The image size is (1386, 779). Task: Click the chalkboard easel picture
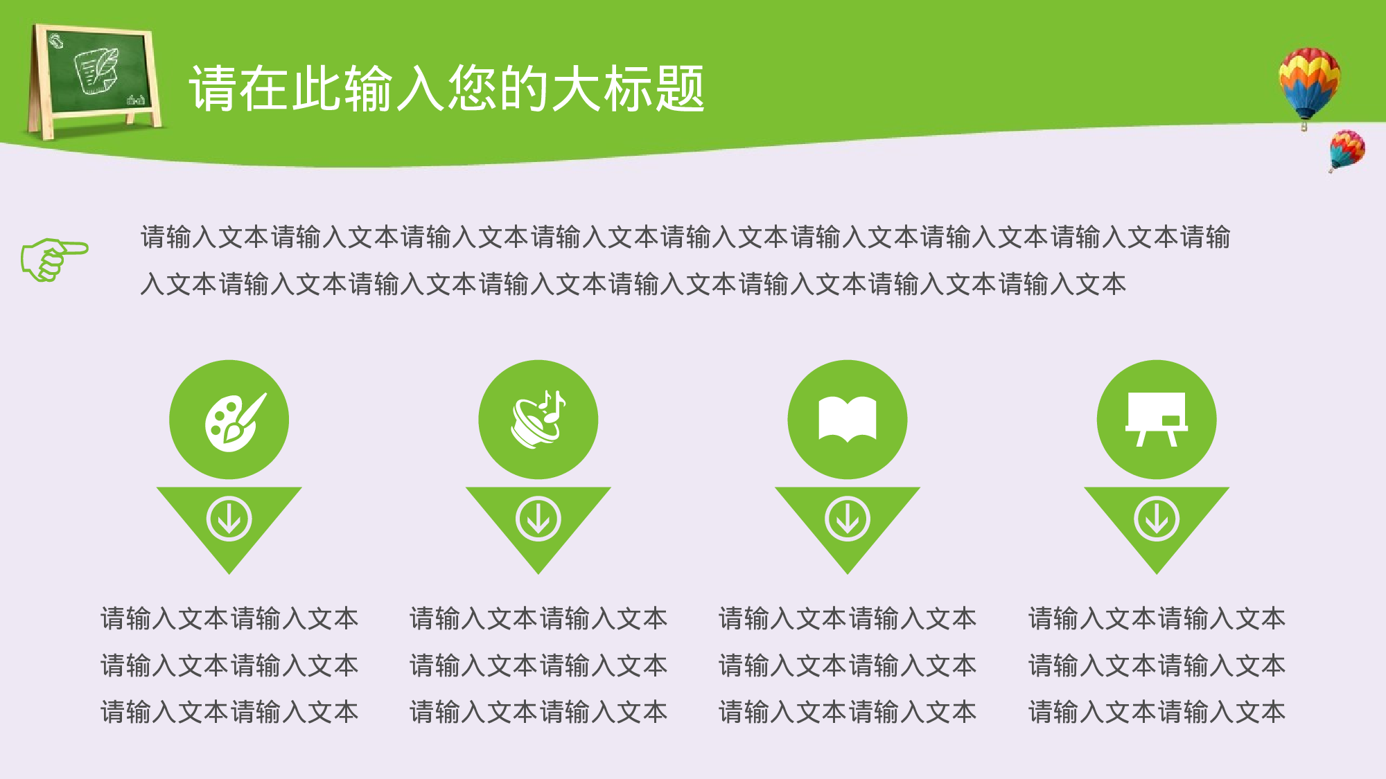click(x=94, y=80)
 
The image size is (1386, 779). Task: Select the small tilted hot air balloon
click(x=1346, y=150)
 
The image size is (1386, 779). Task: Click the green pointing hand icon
click(x=53, y=259)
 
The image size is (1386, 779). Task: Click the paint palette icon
click(x=234, y=421)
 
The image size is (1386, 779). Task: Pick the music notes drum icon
click(x=538, y=419)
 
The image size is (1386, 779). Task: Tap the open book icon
click(x=847, y=419)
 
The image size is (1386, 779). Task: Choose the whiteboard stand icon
click(x=1156, y=419)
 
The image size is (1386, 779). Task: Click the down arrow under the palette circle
click(x=229, y=519)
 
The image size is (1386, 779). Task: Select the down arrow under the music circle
click(x=538, y=519)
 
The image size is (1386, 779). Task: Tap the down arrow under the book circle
click(x=847, y=519)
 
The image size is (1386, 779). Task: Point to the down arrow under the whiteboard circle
click(x=1156, y=519)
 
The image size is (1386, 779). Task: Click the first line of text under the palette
click(x=229, y=618)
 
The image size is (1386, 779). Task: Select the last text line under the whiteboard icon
click(x=1156, y=712)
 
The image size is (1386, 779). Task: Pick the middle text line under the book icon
click(x=847, y=665)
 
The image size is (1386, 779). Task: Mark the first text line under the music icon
click(x=538, y=618)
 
